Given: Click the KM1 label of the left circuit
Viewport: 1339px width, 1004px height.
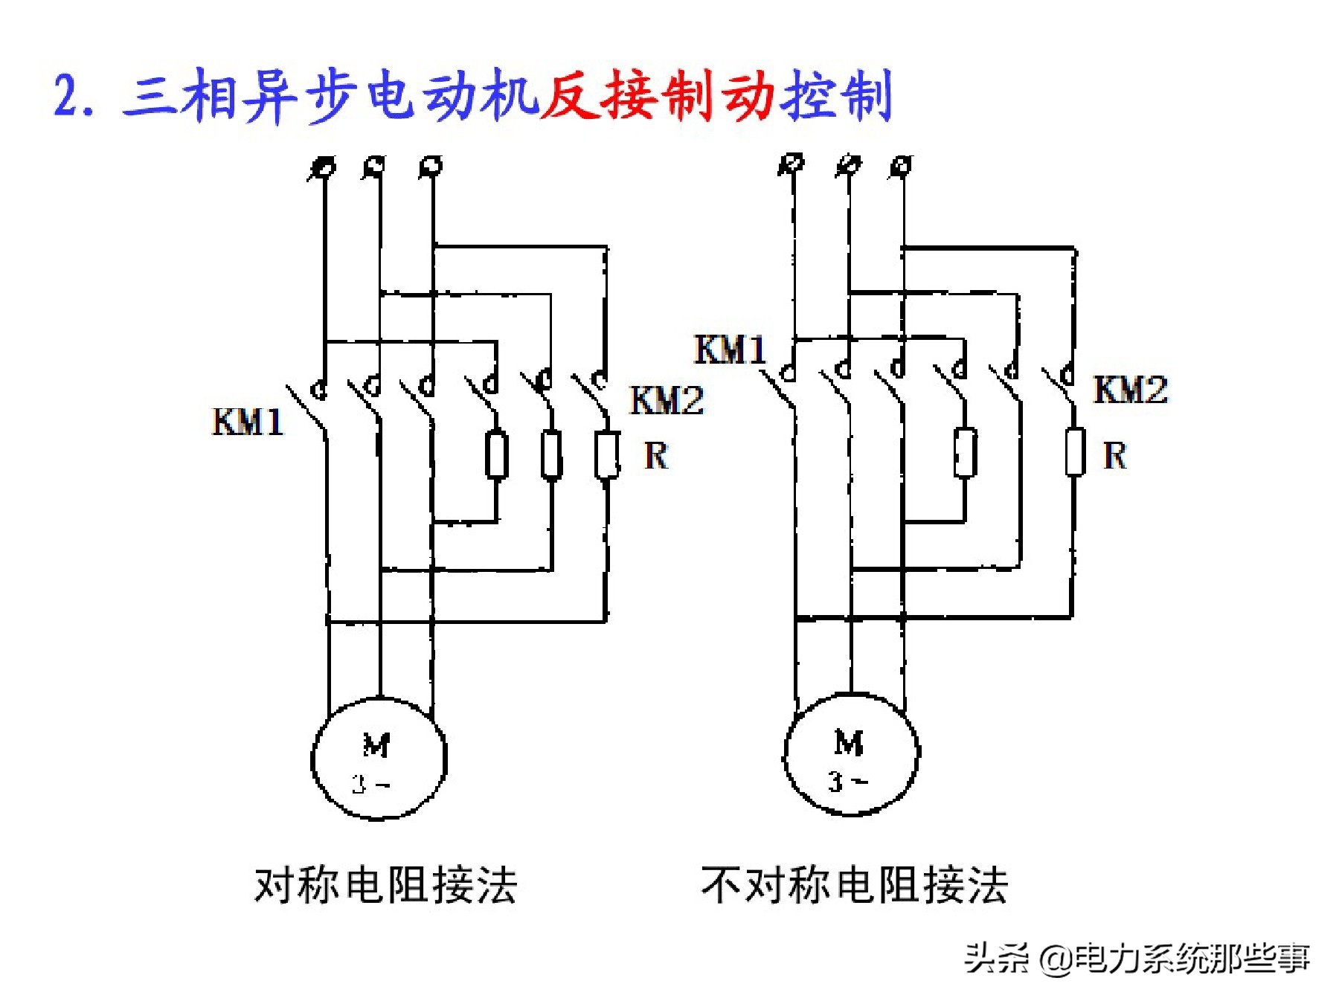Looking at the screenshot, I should [x=248, y=422].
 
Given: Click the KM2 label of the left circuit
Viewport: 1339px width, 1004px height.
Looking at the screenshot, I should [x=666, y=401].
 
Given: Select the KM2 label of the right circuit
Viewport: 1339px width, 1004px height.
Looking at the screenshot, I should [x=1130, y=390].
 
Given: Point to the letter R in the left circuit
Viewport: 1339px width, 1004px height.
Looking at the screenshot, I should [x=655, y=455].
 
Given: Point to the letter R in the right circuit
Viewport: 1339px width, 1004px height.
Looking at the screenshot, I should [x=1114, y=455].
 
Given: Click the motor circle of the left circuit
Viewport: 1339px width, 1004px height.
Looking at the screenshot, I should [x=379, y=759].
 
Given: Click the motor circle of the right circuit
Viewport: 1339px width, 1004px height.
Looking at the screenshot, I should [x=851, y=756].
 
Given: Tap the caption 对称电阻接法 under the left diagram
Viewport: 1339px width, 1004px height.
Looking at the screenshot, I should [x=385, y=885].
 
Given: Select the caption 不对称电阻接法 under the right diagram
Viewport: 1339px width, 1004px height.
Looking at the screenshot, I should [x=854, y=885].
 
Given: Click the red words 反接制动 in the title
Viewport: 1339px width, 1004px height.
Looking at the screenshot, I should [x=658, y=97].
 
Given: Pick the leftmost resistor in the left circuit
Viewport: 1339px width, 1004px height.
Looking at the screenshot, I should [x=496, y=454].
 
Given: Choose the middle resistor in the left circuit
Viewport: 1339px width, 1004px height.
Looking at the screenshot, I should [x=550, y=454].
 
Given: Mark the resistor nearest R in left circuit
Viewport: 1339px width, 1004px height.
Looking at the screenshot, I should [x=606, y=454].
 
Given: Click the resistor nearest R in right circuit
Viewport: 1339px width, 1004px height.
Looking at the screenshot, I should [x=1074, y=451].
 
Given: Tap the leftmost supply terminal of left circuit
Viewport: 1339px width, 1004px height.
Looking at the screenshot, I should [x=324, y=167].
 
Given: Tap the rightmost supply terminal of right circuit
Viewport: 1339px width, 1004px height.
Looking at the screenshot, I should [x=902, y=165].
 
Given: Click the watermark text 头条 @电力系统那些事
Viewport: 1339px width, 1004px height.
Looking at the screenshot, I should [x=1136, y=958].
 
